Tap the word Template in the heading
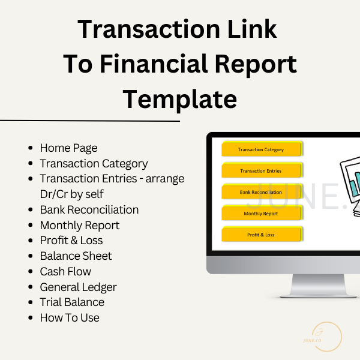coord(180,98)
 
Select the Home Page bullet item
coord(68,148)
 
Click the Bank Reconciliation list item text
coord(89,210)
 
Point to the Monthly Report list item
coord(80,226)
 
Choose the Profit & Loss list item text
coord(71,241)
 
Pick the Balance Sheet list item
coord(76,256)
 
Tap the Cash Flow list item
coord(65,272)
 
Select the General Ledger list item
coord(78,287)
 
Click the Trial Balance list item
coord(72,302)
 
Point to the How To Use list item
coord(70,318)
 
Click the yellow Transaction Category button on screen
coord(261,149)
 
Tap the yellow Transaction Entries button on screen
coord(261,171)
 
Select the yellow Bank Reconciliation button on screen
coord(261,192)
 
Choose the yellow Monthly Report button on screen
coord(261,214)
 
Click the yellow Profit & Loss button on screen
coord(261,235)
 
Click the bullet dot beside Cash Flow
coord(31,272)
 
